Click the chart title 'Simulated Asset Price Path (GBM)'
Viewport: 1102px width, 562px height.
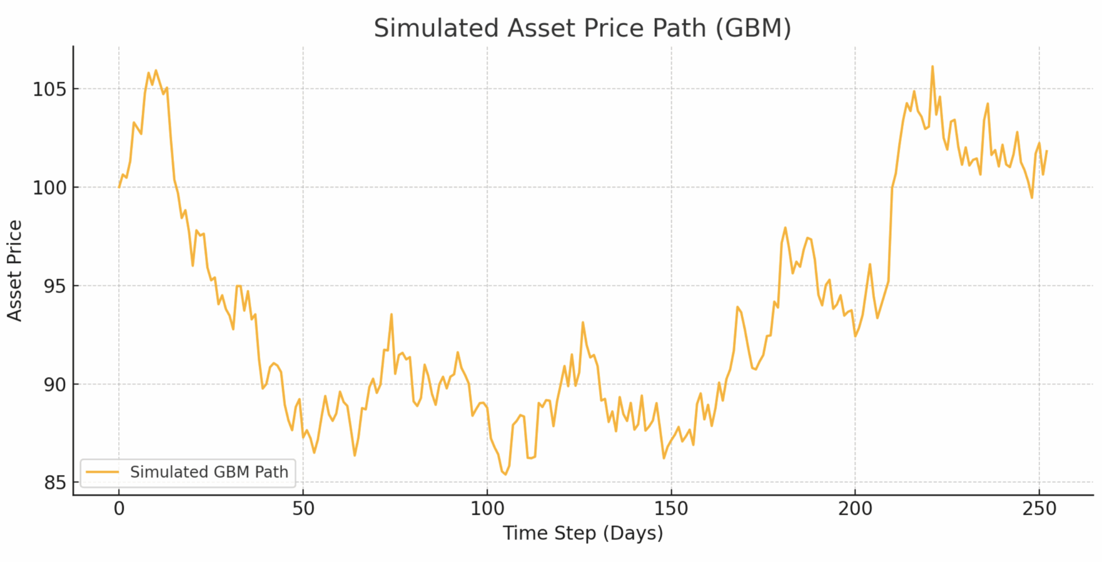[x=582, y=28]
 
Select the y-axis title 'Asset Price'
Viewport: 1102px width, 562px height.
[x=15, y=270]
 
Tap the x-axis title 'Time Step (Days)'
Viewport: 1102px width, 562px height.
[x=583, y=533]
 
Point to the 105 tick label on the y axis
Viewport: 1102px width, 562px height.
[x=49, y=90]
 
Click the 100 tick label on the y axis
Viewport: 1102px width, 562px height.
[x=49, y=188]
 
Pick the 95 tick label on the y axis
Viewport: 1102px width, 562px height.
[x=55, y=286]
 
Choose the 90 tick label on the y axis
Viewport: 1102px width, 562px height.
[x=55, y=385]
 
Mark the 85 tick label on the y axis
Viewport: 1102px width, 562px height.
[x=55, y=483]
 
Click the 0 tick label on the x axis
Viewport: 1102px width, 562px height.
[x=119, y=509]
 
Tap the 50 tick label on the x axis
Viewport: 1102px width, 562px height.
[x=303, y=509]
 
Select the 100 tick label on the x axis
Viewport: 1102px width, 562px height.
[x=487, y=509]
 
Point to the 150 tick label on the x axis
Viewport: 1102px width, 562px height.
[x=671, y=509]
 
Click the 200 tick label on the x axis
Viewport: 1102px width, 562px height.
[x=855, y=509]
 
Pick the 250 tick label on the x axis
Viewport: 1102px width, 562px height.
[x=1039, y=509]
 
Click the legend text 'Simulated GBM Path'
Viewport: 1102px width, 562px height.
[x=209, y=472]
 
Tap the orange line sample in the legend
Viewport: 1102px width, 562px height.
[x=102, y=472]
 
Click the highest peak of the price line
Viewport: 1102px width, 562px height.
[x=932, y=67]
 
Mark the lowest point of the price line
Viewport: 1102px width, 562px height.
[x=506, y=474]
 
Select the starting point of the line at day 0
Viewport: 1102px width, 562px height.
[x=119, y=187]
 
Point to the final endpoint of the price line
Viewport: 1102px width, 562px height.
[x=1047, y=151]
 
